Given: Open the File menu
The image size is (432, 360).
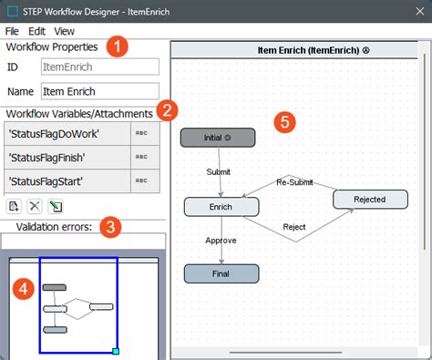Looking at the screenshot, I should (x=12, y=31).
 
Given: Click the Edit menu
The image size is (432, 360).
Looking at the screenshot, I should (x=37, y=31).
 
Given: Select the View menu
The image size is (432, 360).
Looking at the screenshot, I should (x=65, y=31).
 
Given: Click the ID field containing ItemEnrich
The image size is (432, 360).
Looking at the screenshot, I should (x=100, y=67).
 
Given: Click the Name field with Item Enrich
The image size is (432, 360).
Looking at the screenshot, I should (x=100, y=91).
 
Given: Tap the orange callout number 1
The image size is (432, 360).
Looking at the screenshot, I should (x=118, y=45).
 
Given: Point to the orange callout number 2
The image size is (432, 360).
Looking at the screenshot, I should (x=167, y=110).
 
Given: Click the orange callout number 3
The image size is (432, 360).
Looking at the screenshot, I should (x=109, y=226).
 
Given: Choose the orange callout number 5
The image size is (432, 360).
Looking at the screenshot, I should (x=285, y=120).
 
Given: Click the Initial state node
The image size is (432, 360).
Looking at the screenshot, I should (x=217, y=138).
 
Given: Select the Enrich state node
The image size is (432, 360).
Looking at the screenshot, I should (x=221, y=207).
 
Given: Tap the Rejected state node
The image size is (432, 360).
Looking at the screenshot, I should (x=370, y=198).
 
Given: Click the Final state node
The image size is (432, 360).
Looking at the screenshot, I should (x=221, y=273).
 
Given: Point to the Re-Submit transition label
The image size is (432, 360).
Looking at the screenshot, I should (x=295, y=182).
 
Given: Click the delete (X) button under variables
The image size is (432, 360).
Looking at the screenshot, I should (x=36, y=207).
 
